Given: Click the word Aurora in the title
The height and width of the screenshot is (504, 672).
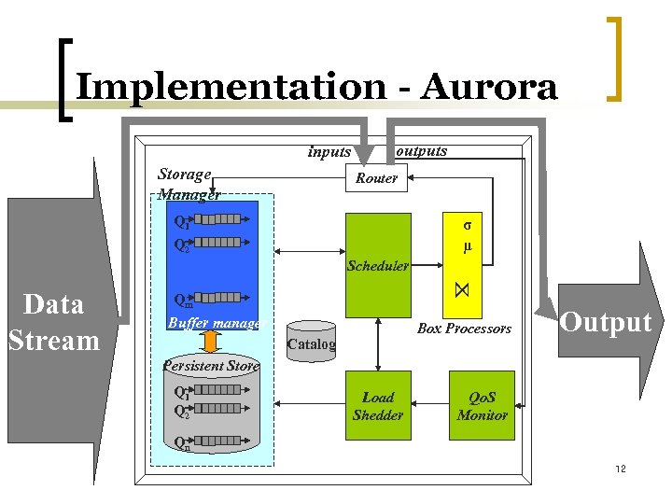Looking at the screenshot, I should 489,88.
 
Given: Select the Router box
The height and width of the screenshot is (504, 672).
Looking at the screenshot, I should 377,178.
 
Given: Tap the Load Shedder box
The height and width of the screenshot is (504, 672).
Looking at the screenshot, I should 378,406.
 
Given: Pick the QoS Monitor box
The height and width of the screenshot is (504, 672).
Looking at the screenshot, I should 482,406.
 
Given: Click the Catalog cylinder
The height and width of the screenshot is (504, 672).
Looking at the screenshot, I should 311,341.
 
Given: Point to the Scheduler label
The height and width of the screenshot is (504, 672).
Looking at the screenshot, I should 378,266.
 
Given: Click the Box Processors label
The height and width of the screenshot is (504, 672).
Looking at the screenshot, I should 464,329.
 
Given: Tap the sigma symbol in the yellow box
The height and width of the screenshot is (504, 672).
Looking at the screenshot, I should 468,225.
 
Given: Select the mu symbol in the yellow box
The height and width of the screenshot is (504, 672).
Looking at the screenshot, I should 468,247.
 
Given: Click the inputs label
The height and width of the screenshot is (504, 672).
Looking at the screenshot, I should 329,152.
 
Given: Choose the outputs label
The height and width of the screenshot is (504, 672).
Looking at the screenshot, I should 421,150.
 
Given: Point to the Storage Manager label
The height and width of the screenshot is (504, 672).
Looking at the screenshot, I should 188,184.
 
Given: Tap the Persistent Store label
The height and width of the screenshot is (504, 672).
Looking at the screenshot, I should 210,366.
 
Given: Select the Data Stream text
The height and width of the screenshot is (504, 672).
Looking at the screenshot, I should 52,322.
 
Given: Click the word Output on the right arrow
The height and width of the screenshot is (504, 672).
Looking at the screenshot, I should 605,323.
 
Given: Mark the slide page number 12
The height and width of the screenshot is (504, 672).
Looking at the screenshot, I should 621,468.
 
